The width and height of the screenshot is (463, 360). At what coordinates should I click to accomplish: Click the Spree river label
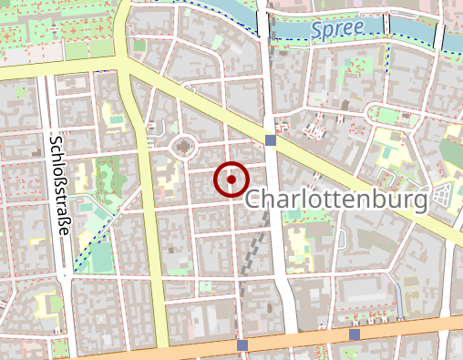337,29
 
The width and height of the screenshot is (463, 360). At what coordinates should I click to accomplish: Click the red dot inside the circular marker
232,180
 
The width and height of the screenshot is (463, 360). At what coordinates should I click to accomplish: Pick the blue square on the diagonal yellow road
270,139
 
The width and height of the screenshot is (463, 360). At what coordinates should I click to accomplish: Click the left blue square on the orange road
242,345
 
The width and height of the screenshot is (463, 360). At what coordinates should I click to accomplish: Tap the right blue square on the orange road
355,334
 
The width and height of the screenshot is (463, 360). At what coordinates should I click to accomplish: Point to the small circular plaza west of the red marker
184,145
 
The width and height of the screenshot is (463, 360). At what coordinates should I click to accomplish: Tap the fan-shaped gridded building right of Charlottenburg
444,194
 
